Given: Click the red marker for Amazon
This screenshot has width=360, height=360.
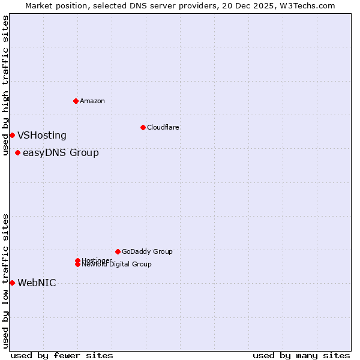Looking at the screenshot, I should (x=76, y=101).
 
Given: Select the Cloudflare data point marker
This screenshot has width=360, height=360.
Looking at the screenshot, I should (x=143, y=127).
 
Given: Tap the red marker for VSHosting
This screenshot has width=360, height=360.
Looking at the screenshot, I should (x=12, y=135).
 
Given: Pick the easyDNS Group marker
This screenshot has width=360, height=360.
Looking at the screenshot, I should (x=18, y=152).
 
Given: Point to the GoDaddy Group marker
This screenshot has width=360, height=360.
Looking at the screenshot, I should (x=118, y=251).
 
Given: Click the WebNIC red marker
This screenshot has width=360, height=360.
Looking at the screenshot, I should (x=12, y=283).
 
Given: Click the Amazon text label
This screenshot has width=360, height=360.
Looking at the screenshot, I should (x=92, y=101).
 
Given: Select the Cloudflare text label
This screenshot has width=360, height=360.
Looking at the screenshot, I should (x=163, y=127).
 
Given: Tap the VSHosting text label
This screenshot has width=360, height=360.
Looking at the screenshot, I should (x=42, y=136).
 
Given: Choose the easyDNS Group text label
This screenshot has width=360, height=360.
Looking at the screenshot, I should (x=61, y=153).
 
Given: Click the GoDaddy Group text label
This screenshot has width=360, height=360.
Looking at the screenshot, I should (x=147, y=251).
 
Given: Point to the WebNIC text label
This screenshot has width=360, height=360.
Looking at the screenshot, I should (x=37, y=283).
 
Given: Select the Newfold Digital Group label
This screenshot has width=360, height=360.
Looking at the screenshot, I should (x=117, y=265).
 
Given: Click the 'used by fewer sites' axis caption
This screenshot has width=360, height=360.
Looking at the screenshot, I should (x=62, y=355).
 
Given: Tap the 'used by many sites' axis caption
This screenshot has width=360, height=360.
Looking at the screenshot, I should (x=301, y=355).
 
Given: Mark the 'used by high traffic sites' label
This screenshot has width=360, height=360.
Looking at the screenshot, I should (x=5, y=85).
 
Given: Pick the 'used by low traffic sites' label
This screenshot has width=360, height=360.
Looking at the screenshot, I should (x=5, y=281).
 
